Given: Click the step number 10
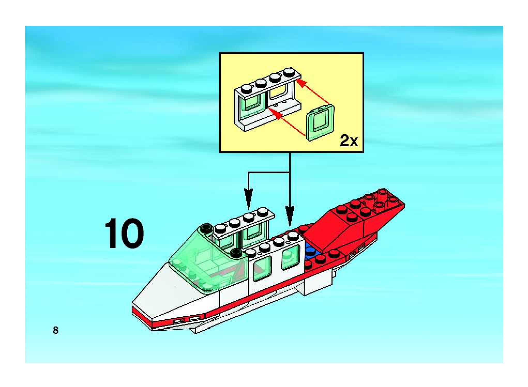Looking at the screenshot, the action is (x=124, y=233).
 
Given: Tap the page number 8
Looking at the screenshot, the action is (x=56, y=330).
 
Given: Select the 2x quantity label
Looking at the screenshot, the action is (x=349, y=141).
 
